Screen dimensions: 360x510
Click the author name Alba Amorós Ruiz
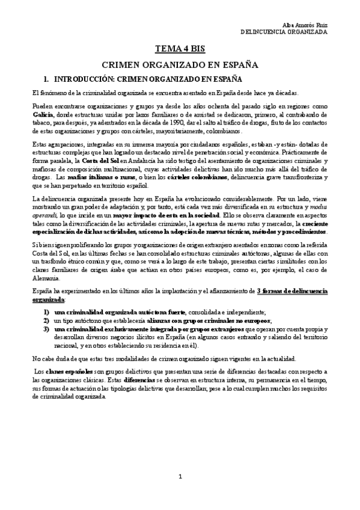pos(307,24)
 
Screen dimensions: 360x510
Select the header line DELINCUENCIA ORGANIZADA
pos(284,32)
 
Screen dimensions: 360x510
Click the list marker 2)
pos(46,321)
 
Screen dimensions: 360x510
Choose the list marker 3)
pos(46,330)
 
